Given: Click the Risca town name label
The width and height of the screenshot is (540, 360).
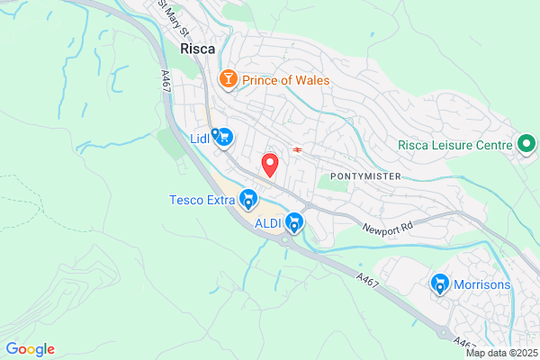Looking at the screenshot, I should tap(197, 49).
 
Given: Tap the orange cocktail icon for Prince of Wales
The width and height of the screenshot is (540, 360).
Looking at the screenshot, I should tap(229, 80).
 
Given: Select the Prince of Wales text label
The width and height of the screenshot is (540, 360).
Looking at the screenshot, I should tap(284, 80).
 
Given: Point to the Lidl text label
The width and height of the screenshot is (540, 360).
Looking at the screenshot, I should tap(200, 139).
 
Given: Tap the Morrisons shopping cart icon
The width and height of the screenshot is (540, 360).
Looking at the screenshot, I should tap(440, 284).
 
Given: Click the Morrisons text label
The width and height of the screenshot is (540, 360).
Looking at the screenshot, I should tap(481, 285).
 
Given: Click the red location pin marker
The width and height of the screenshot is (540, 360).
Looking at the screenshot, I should tap(269, 165).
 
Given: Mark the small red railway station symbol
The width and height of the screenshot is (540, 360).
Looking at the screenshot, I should tap(296, 148).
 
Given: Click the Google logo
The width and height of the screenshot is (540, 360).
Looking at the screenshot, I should tap(30, 349).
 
